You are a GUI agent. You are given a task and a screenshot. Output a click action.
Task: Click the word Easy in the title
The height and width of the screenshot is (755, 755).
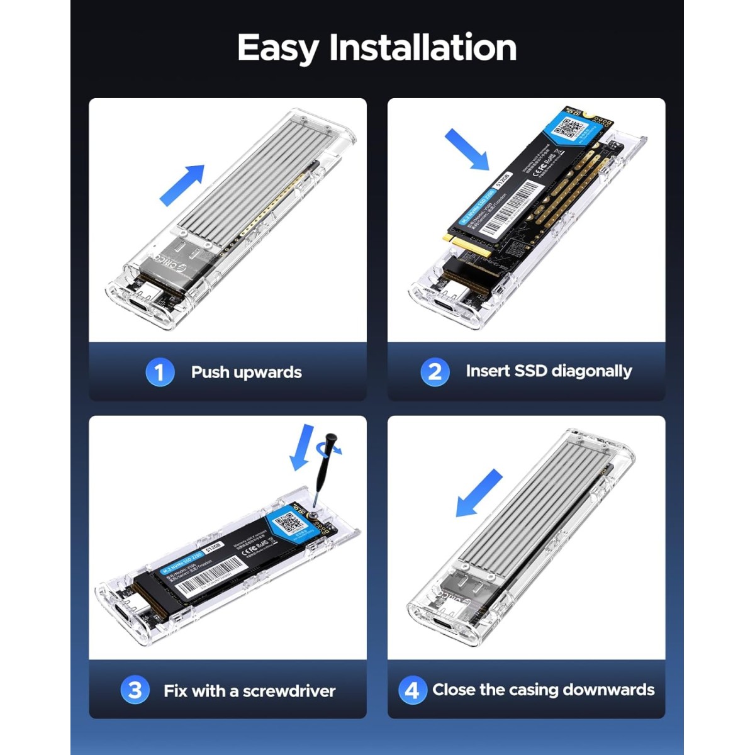coord(279,48)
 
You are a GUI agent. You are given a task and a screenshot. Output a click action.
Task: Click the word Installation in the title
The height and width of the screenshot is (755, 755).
coord(423,47)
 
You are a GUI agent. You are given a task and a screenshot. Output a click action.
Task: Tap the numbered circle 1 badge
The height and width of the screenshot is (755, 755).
coord(160,372)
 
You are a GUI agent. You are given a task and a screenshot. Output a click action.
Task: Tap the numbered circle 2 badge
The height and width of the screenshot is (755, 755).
coord(435,372)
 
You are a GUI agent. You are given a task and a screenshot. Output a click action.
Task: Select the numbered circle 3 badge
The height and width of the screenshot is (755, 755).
coord(135,690)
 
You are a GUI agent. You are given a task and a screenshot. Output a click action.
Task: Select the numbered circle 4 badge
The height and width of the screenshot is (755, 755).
coord(412,690)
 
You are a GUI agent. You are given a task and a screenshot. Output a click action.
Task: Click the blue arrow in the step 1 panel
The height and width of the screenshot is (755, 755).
coord(182,184)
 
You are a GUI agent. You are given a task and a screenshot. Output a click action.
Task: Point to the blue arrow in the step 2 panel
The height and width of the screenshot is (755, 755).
coord(467,148)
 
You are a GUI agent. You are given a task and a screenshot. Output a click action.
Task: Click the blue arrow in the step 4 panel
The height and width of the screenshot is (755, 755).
coord(479,494)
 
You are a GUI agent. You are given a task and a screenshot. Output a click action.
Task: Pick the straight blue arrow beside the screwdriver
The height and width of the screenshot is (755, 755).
coord(303,447)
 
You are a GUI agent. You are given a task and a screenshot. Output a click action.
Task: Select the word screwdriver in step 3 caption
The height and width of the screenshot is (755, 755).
coord(289,691)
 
